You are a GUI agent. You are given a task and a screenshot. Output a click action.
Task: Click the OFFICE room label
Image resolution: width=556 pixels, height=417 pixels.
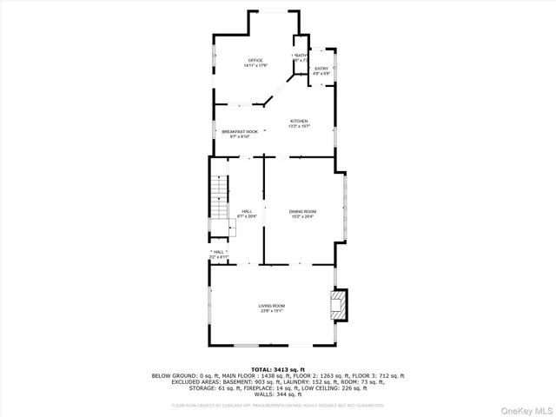(255, 60)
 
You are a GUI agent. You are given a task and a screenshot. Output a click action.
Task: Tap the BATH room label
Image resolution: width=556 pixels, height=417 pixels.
(301, 56)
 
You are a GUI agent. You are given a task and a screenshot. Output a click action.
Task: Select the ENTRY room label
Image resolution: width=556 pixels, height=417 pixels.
(321, 68)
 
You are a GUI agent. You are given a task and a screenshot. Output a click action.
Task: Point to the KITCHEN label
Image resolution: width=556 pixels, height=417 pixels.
(299, 121)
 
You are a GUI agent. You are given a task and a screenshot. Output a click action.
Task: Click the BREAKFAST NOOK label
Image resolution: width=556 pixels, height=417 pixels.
(240, 131)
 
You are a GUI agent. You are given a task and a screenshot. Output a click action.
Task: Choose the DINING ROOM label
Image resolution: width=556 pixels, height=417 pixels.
(302, 211)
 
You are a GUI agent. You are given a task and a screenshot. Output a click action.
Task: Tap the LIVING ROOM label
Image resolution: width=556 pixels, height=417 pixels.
(271, 306)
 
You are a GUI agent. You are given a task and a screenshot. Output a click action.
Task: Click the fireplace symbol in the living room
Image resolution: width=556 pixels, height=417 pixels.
(337, 305)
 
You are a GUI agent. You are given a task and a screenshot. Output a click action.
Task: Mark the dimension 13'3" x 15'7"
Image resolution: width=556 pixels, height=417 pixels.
(299, 127)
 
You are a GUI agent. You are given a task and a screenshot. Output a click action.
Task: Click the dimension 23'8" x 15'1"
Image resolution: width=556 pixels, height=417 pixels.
(271, 311)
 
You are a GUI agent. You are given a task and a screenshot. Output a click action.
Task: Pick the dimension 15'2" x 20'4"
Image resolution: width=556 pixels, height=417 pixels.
(302, 216)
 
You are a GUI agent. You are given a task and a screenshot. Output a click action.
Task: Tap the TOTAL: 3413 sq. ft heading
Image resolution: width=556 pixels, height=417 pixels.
(278, 369)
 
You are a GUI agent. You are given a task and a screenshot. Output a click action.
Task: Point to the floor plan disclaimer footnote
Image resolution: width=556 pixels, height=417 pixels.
(278, 405)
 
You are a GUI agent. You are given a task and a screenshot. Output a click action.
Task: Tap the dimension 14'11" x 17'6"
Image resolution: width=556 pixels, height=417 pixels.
(255, 65)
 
